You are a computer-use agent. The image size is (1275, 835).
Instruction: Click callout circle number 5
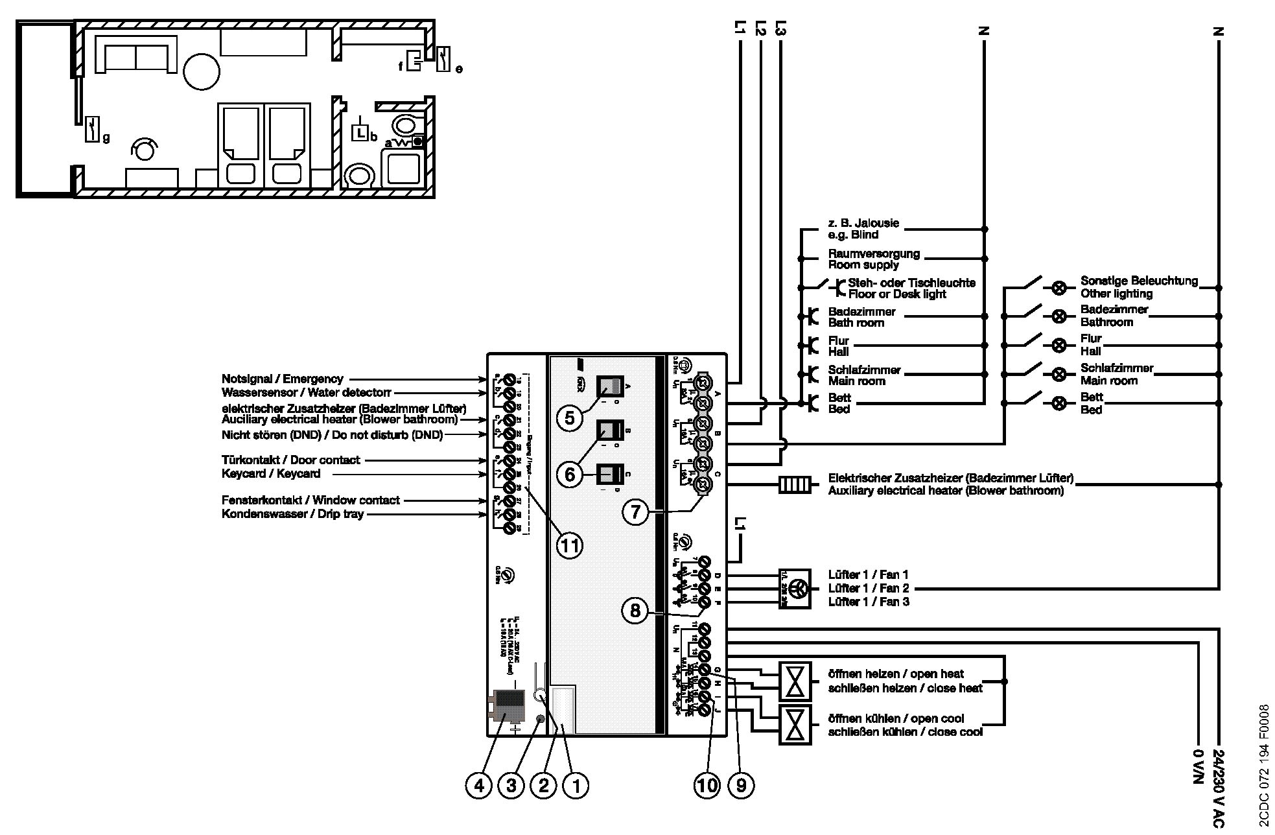coord(569,418)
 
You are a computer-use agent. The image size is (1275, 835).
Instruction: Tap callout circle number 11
coord(569,545)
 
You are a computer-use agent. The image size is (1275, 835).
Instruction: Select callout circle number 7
coord(635,512)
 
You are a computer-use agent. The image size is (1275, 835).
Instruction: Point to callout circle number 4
coord(478,786)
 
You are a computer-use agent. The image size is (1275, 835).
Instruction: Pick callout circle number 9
coord(741,786)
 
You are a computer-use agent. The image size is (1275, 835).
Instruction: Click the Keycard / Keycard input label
coord(271,474)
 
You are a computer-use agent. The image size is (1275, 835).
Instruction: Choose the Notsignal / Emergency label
coord(283,379)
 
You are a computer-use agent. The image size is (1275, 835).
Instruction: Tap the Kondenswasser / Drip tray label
coord(292,514)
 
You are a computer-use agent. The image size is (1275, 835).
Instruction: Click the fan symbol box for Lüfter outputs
coord(794,589)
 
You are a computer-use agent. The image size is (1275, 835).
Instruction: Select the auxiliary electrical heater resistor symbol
coord(794,484)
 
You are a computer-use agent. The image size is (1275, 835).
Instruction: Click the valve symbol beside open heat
coord(794,681)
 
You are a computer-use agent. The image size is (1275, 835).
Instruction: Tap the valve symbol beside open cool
coord(794,725)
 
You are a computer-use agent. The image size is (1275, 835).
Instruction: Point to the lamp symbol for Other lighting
coord(1059,287)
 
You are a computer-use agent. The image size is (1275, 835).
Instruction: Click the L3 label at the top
coord(780,29)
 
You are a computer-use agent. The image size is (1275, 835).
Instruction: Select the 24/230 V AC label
coord(1217,788)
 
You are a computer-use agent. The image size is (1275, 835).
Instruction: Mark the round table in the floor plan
coord(202,71)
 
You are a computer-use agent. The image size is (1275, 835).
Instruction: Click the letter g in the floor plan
coord(106,137)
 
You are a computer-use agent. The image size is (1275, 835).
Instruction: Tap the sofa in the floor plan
coord(135,54)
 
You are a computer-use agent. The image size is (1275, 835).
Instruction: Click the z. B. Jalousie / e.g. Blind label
coord(863,229)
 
